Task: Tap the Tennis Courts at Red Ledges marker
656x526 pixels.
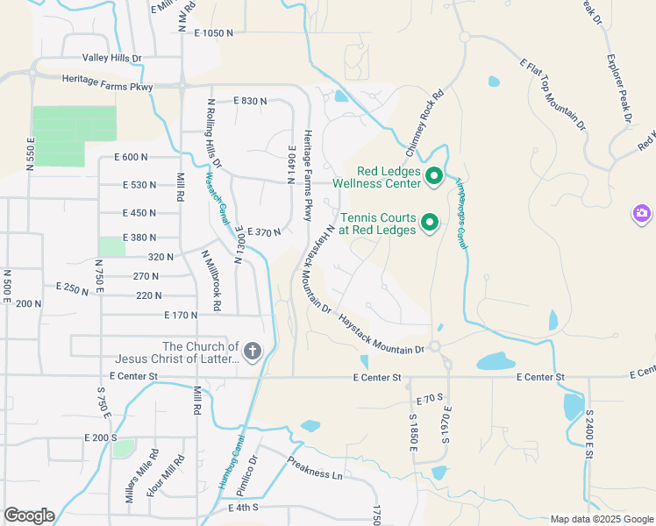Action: (430, 224)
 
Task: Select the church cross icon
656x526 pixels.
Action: (252, 352)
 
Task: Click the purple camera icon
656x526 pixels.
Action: (642, 213)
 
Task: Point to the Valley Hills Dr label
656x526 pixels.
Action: (112, 58)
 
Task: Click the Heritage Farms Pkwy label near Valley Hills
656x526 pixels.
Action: (107, 87)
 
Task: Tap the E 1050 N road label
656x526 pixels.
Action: (205, 32)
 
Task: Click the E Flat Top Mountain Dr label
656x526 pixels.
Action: (553, 95)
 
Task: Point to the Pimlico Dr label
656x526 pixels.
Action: (245, 474)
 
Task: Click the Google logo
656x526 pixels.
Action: (29, 515)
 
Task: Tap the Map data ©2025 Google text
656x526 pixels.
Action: (601, 519)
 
